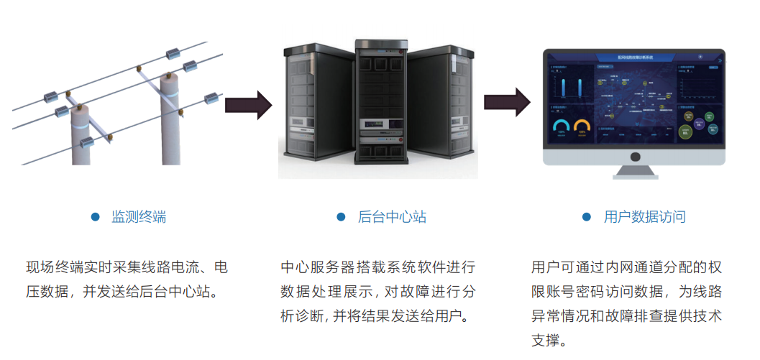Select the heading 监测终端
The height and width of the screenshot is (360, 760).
click(x=139, y=217)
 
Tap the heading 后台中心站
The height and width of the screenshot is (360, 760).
click(x=392, y=217)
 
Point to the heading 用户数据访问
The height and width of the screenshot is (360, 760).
click(x=644, y=217)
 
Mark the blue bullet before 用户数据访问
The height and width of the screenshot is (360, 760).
click(x=587, y=217)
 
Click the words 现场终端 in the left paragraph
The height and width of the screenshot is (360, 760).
click(x=51, y=268)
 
